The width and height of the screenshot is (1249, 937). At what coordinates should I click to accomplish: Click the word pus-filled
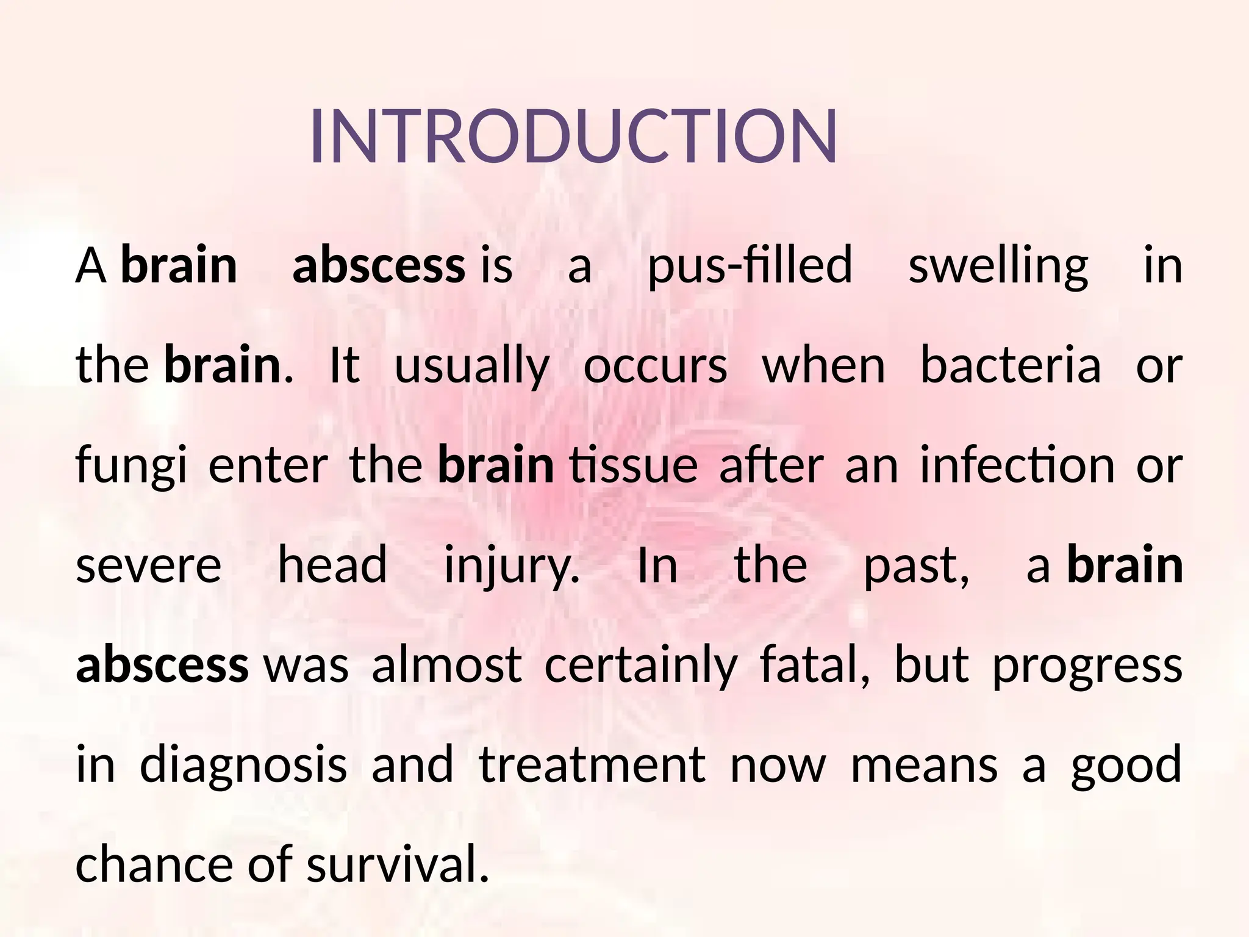750,266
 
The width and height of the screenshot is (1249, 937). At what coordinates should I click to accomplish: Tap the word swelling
998,266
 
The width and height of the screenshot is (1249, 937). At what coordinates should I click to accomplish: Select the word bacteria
1011,366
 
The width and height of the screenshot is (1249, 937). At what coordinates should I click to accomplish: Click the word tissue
633,465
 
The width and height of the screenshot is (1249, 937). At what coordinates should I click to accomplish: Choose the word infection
1017,465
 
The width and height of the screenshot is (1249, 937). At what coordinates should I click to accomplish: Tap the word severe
148,566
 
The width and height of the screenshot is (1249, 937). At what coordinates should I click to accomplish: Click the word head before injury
332,566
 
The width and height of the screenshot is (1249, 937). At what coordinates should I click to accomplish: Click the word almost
446,666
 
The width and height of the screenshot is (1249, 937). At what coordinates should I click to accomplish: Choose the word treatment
592,765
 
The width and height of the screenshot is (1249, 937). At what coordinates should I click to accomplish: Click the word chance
151,865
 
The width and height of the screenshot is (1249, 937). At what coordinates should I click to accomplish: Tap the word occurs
656,366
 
